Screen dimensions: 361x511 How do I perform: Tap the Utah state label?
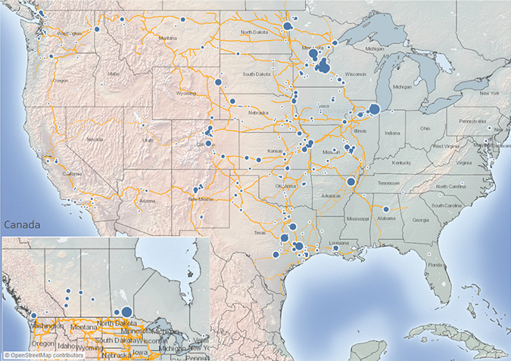pyautogui.click(x=147, y=139)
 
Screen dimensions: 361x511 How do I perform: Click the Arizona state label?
pyautogui.click(x=147, y=201)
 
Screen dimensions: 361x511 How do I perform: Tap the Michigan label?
pyautogui.click(x=402, y=87)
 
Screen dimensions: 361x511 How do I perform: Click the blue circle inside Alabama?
pyautogui.click(x=385, y=209)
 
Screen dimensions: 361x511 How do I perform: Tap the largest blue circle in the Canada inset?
pyautogui.click(x=126, y=311)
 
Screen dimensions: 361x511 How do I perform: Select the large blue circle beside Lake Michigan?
pyautogui.click(x=374, y=110)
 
